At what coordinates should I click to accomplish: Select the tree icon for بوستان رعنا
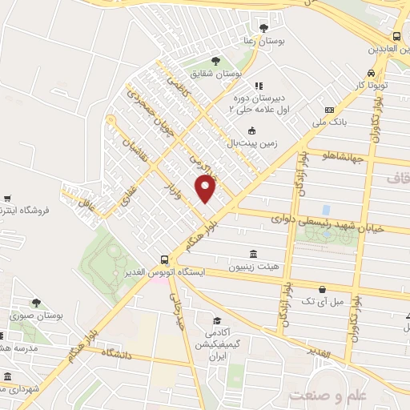pos(264,29)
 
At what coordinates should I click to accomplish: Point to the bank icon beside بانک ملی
pos(329,110)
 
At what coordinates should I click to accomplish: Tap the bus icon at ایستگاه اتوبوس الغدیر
pos(163,259)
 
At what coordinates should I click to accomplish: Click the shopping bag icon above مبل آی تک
pos(322,288)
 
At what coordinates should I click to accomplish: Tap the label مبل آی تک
pos(322,301)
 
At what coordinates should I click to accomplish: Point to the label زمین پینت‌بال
pos(251,143)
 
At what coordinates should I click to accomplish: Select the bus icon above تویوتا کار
pos(396,36)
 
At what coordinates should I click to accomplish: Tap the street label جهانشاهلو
pos(346,157)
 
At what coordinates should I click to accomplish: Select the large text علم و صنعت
pos(328,396)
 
